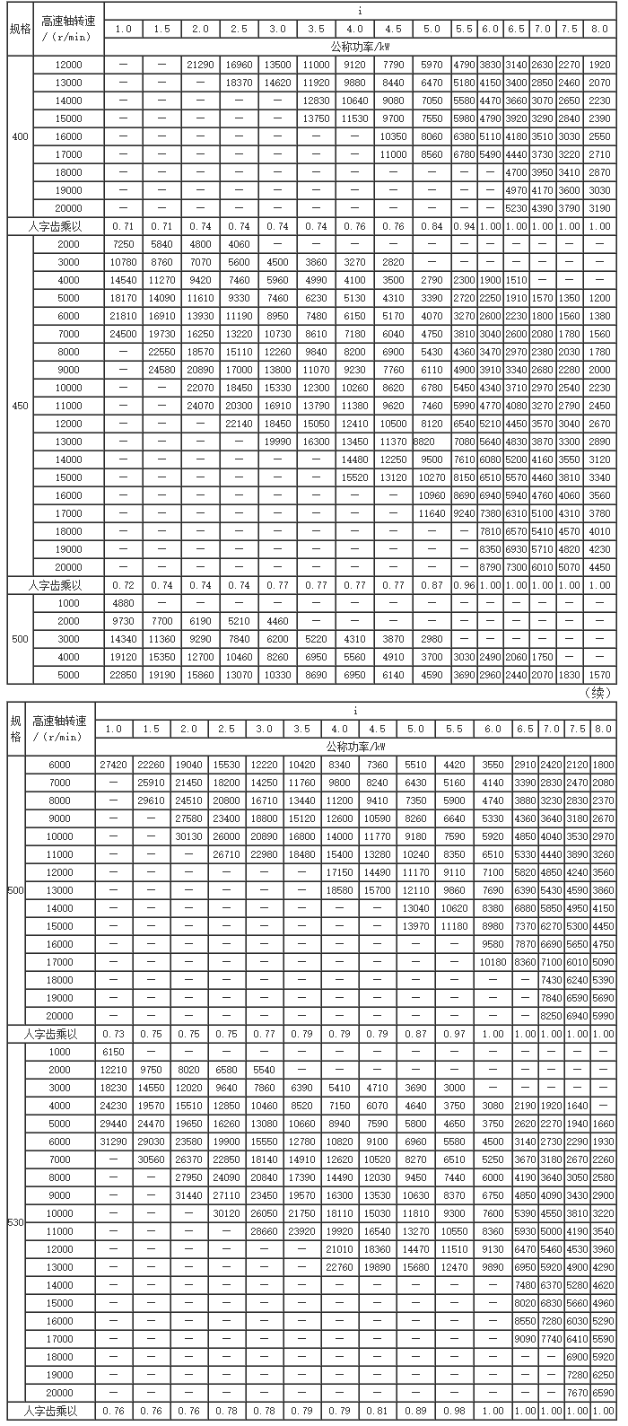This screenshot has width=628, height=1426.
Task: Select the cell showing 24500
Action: click(123, 333)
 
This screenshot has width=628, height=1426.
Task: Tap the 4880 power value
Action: click(123, 602)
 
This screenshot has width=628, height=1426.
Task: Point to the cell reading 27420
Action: click(115, 765)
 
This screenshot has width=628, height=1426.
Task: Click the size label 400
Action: click(19, 136)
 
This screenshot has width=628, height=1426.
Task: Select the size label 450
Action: click(19, 405)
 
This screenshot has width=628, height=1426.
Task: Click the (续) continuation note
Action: click(597, 692)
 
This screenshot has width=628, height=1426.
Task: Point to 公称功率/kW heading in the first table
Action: click(358, 46)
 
